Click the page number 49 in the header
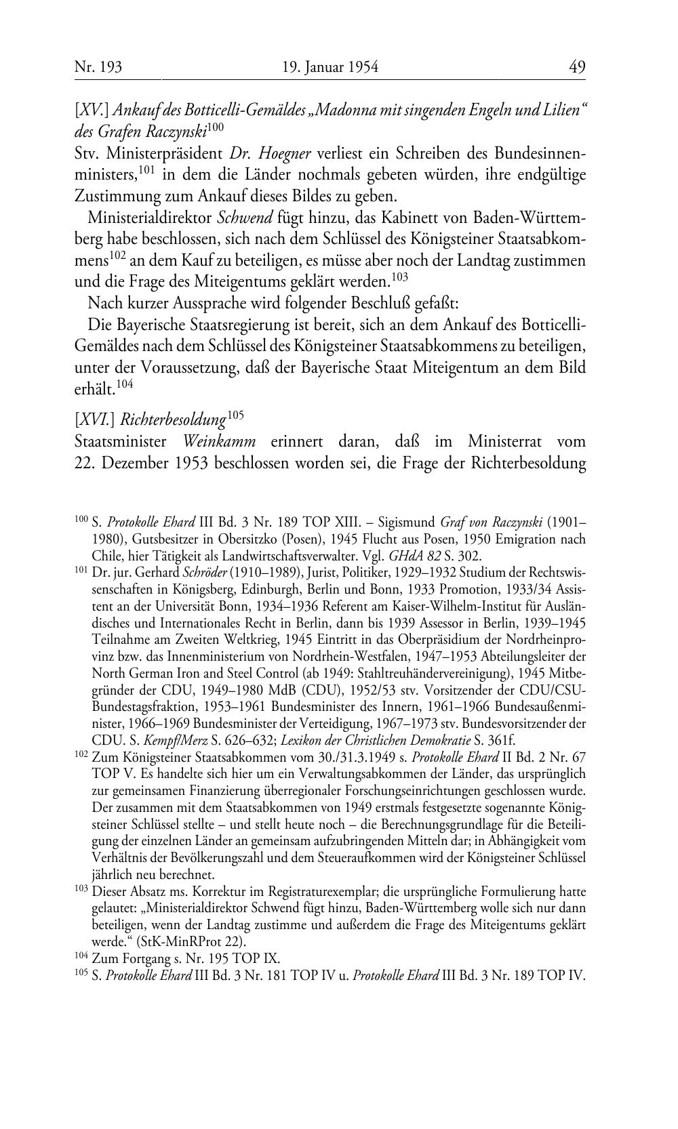[577, 67]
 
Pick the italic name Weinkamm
[220, 442]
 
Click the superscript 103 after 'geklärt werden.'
[399, 275]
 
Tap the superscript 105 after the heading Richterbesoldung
[235, 415]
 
